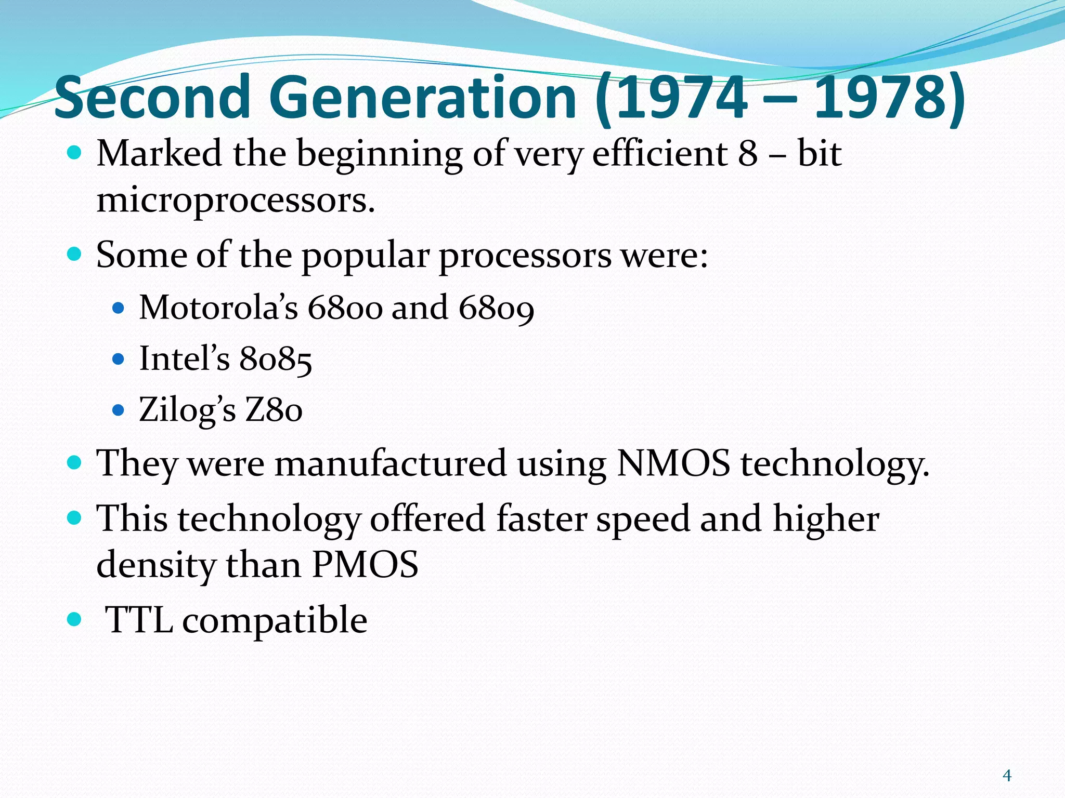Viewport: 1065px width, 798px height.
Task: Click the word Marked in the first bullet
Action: tap(159, 154)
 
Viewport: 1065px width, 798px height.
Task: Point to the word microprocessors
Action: tap(235, 201)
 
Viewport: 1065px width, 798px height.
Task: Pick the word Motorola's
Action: tap(218, 307)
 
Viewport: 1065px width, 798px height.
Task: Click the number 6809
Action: tap(496, 308)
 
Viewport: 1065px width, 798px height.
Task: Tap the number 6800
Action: tap(345, 308)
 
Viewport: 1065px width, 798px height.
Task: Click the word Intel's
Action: tap(185, 358)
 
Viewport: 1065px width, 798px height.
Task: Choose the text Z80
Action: tap(274, 410)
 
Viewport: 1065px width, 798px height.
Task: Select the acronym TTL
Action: tap(139, 620)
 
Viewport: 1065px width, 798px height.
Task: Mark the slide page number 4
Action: tap(1007, 776)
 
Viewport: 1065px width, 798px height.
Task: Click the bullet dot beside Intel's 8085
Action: tap(119, 359)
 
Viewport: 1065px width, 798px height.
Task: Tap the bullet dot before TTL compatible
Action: tap(75, 619)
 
